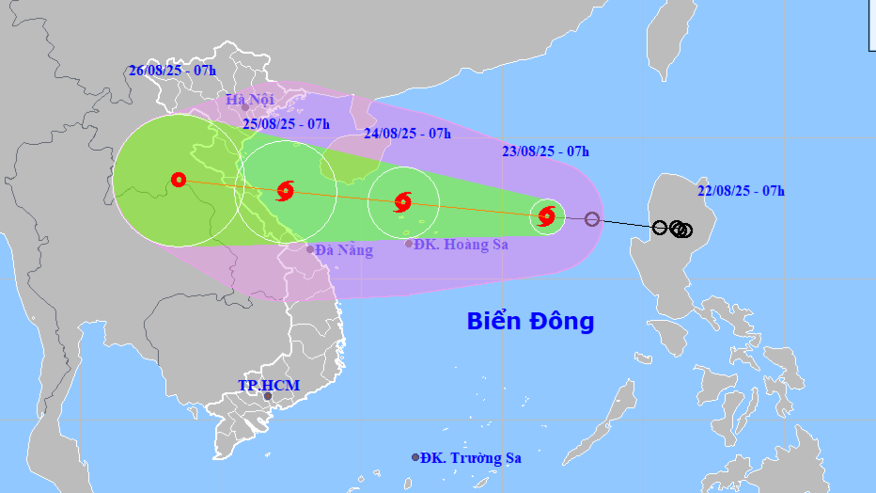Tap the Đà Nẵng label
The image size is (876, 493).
click(x=344, y=250)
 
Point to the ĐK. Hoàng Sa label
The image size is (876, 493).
click(x=462, y=245)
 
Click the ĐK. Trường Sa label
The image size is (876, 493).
click(x=471, y=458)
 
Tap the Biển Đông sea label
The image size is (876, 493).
click(x=530, y=322)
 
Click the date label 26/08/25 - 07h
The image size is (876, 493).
click(x=172, y=71)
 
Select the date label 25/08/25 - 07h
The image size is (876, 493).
click(x=286, y=124)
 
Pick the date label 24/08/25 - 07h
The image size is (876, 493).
click(x=407, y=134)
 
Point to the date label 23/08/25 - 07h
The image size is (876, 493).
click(x=545, y=151)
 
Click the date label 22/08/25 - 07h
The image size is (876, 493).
click(x=741, y=191)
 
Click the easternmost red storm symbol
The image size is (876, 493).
click(x=546, y=217)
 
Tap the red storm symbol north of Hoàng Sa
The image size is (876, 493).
click(x=403, y=201)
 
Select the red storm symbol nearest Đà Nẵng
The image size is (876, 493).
click(x=286, y=191)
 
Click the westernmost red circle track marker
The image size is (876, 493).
click(x=179, y=180)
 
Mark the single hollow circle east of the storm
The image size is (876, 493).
click(x=591, y=219)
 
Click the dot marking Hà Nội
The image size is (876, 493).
click(x=245, y=107)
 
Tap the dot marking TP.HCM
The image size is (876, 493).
click(x=268, y=396)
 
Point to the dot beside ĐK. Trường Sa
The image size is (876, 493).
click(x=415, y=457)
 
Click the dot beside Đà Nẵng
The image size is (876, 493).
click(x=310, y=249)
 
